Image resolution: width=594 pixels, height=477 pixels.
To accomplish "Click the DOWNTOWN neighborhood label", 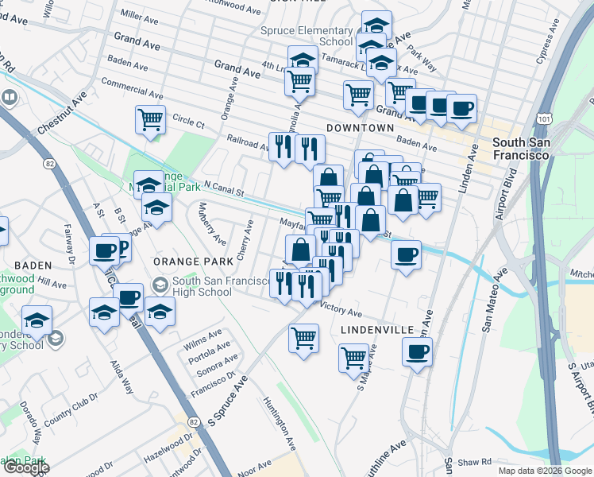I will pos(360,128).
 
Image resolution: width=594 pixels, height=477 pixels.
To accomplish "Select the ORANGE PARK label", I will pos(193,261).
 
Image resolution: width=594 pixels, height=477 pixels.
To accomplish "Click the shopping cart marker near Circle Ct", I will pos(150,120).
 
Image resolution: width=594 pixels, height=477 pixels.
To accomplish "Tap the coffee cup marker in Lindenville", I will pos(417,351).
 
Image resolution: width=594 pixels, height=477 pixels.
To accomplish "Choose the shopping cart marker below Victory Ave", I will pos(304,338).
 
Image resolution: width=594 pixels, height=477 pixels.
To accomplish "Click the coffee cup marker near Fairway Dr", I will pos(104,251).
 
